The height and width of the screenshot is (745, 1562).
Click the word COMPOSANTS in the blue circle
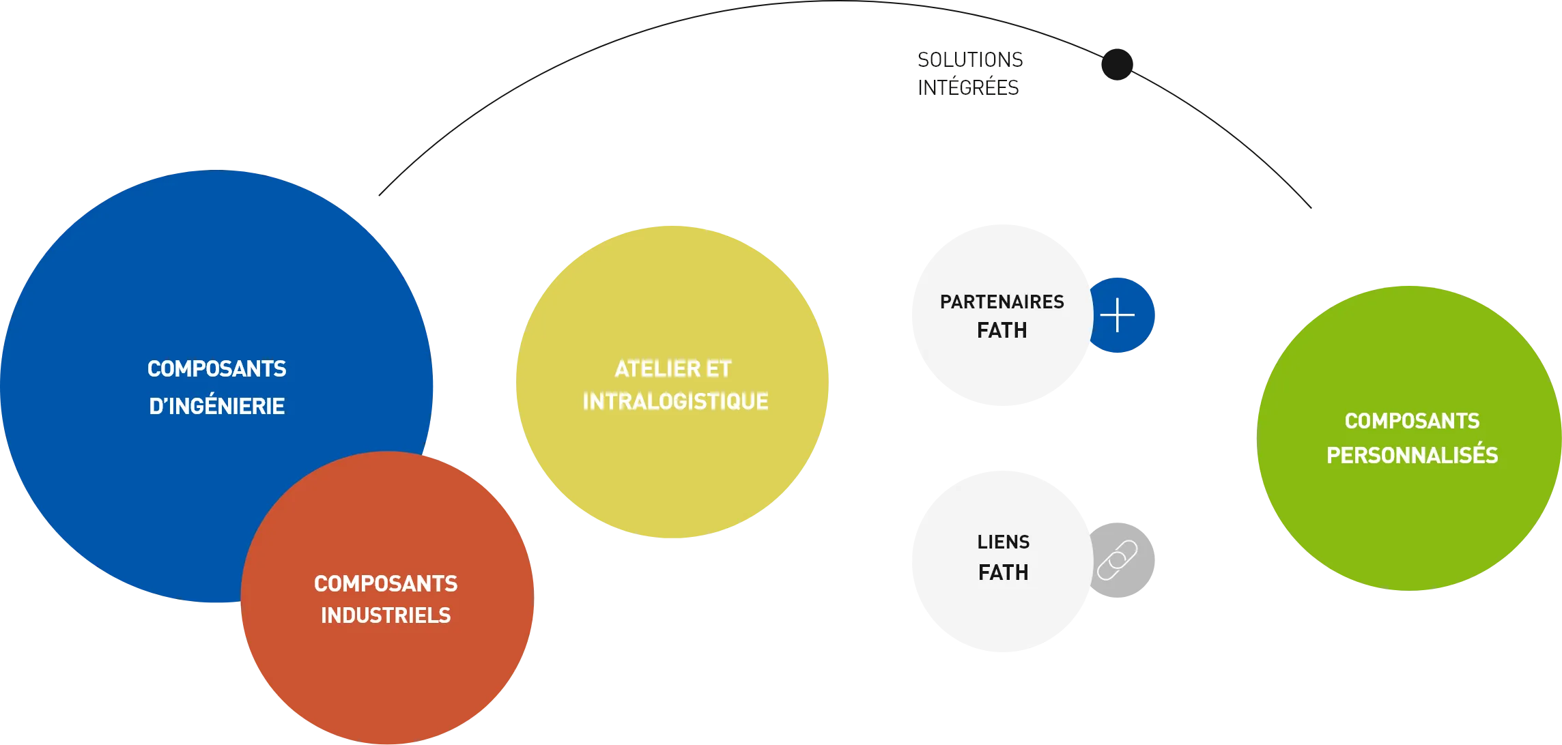(216, 369)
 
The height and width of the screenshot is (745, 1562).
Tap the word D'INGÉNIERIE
(216, 406)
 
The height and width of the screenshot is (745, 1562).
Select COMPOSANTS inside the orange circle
(386, 584)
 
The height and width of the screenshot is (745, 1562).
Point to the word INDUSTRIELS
(386, 615)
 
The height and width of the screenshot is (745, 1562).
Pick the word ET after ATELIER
(718, 369)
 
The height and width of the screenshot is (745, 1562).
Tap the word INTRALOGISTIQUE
(675, 401)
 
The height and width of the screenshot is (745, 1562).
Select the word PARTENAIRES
(1002, 302)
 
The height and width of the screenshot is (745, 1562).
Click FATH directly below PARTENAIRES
(1002, 331)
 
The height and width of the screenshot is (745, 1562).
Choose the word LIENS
(1003, 542)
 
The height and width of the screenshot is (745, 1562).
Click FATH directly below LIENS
(1003, 572)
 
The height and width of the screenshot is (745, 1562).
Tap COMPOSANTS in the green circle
(1412, 421)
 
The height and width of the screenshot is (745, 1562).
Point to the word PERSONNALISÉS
(1412, 455)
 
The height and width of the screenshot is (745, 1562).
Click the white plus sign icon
(1118, 315)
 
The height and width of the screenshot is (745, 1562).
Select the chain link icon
(1118, 560)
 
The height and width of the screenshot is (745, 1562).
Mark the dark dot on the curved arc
(1116, 63)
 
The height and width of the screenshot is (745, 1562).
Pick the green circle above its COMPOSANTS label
(1410, 348)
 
